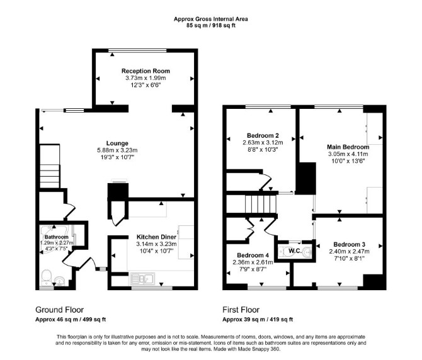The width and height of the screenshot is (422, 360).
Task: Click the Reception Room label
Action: (x=145, y=71)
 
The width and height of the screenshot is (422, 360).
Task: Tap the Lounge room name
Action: (x=117, y=143)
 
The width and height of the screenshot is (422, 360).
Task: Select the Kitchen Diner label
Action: (x=156, y=237)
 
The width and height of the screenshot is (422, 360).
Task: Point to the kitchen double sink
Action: (x=142, y=279)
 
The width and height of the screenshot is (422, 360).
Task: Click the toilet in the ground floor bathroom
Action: (x=47, y=278)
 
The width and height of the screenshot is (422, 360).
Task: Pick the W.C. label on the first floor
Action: (x=295, y=251)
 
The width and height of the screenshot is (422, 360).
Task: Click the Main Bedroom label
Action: (x=348, y=147)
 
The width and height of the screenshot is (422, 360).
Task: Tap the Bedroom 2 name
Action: (x=263, y=135)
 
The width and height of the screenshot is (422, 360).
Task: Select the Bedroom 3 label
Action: (x=349, y=244)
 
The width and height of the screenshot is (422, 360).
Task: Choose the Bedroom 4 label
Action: (x=253, y=255)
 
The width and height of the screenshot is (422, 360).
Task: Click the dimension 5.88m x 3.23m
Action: (x=117, y=150)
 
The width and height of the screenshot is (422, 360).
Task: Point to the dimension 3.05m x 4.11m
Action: (x=348, y=154)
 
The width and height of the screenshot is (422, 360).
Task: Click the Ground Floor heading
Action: (x=59, y=310)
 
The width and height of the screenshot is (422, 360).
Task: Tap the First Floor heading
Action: (x=241, y=310)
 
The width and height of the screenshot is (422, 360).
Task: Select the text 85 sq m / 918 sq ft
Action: (x=211, y=26)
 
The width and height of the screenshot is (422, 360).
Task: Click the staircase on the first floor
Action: (x=261, y=204)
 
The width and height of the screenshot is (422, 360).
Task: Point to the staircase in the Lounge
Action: (x=50, y=166)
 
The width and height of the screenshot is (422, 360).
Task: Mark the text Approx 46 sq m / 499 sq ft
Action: (x=71, y=319)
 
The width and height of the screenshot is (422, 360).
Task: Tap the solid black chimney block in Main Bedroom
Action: (x=306, y=178)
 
